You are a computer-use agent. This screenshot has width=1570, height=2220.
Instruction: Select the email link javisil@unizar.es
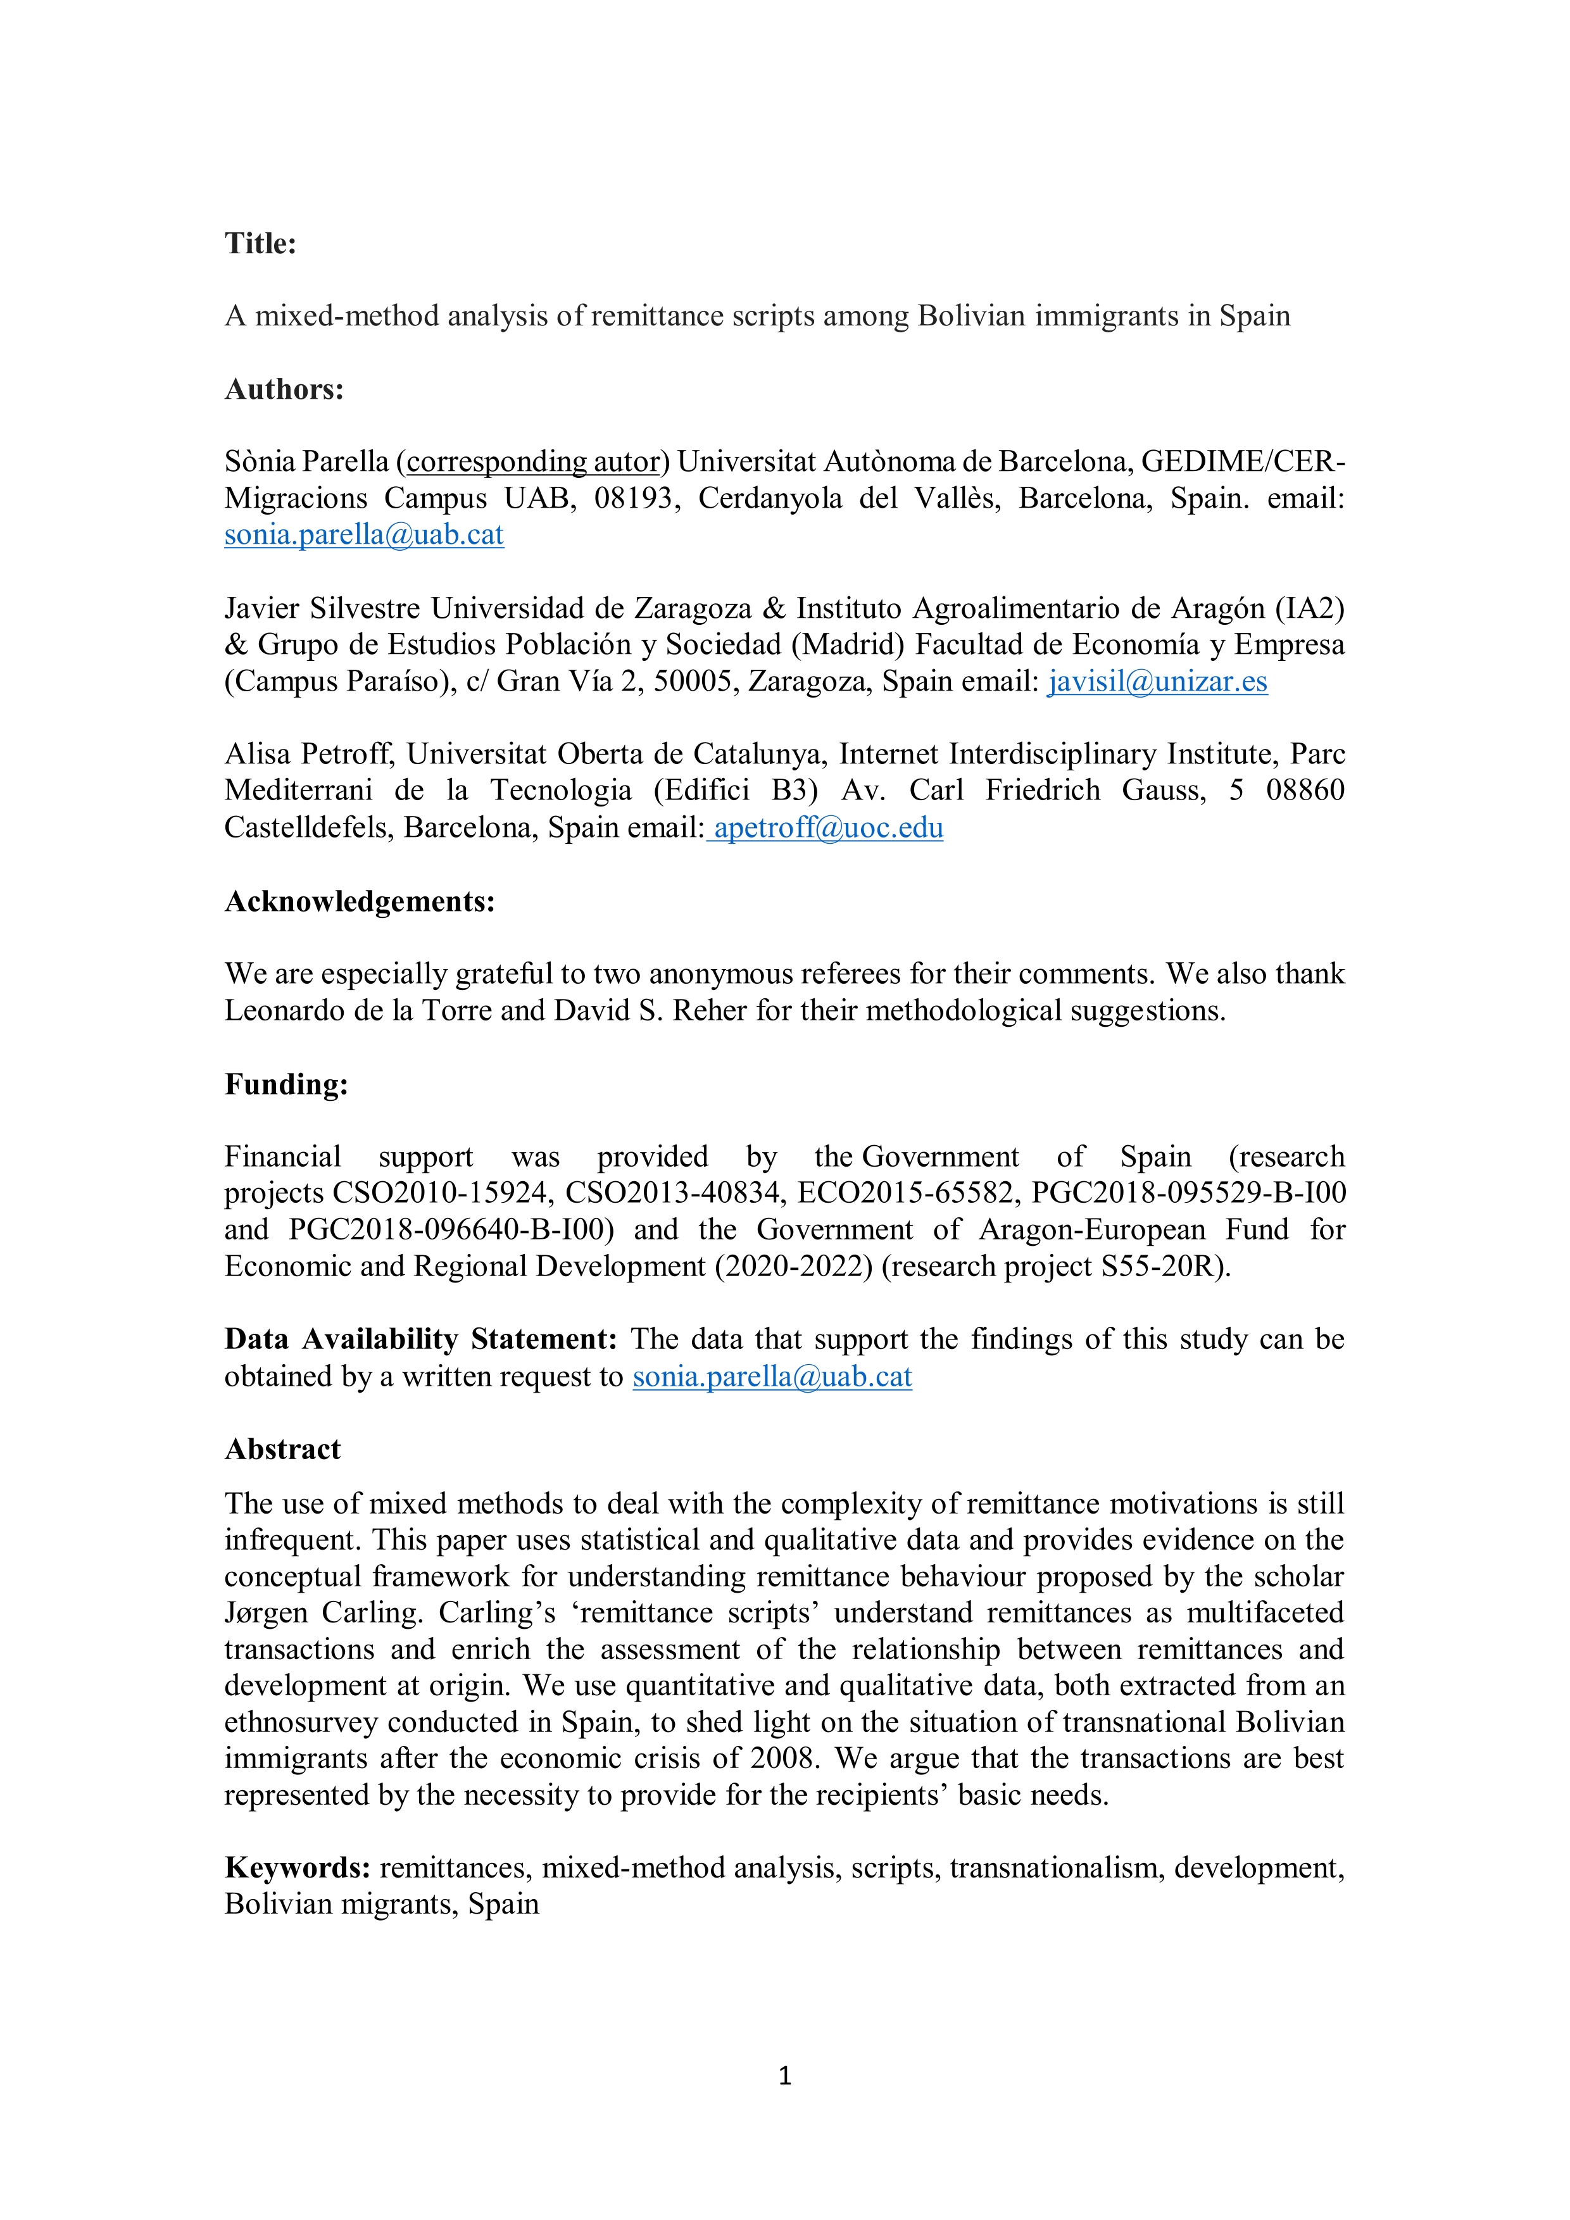(x=1157, y=682)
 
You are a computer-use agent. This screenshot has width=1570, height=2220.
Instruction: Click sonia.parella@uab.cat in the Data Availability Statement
(x=772, y=1376)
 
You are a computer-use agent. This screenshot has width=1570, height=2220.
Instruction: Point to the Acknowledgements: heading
(x=360, y=901)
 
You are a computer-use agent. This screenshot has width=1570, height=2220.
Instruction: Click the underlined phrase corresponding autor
(x=532, y=461)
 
